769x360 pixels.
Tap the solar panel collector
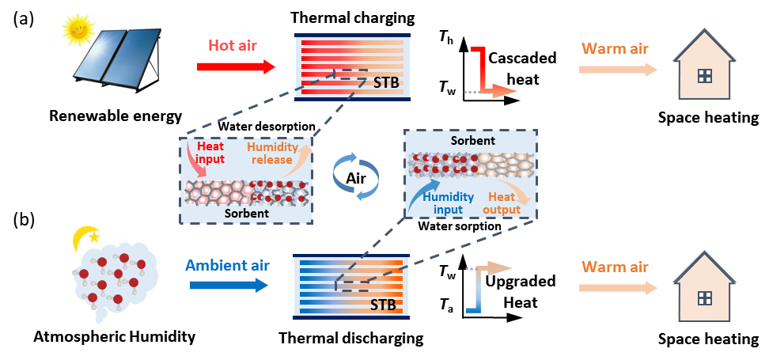(119, 59)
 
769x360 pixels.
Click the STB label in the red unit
(374, 81)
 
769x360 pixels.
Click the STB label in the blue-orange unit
(384, 304)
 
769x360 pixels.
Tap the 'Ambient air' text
(227, 265)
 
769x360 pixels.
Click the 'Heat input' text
(210, 153)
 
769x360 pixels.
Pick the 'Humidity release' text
(273, 153)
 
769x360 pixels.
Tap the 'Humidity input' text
(448, 203)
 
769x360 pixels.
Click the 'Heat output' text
(503, 203)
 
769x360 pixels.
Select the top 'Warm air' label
(615, 49)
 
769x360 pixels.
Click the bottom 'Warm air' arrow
(618, 287)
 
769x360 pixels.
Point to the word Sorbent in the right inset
(472, 141)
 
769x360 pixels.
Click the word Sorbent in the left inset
(246, 214)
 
